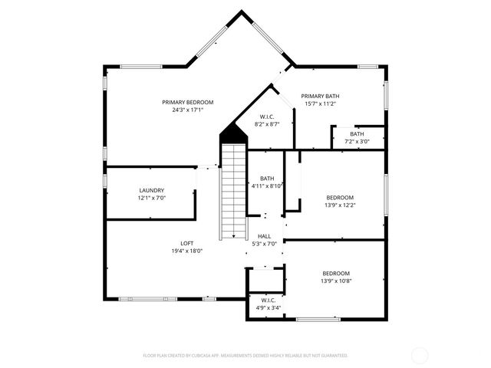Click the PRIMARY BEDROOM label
(187, 102)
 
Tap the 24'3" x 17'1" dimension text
(187, 110)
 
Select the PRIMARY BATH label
(320, 96)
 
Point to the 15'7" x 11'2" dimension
(320, 103)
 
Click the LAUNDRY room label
(151, 190)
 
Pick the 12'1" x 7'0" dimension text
(151, 198)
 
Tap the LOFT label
(187, 243)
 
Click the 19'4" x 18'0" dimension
(187, 251)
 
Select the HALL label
(264, 236)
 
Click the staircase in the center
(232, 192)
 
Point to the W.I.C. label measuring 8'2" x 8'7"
(267, 117)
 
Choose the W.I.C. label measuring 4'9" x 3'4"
(268, 300)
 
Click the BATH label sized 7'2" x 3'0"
(357, 133)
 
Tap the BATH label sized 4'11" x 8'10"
(267, 178)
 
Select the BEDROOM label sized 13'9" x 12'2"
(340, 197)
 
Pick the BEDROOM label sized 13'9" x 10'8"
(336, 273)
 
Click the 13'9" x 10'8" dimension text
(336, 281)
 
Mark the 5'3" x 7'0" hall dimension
(264, 244)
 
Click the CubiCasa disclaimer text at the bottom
(245, 356)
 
